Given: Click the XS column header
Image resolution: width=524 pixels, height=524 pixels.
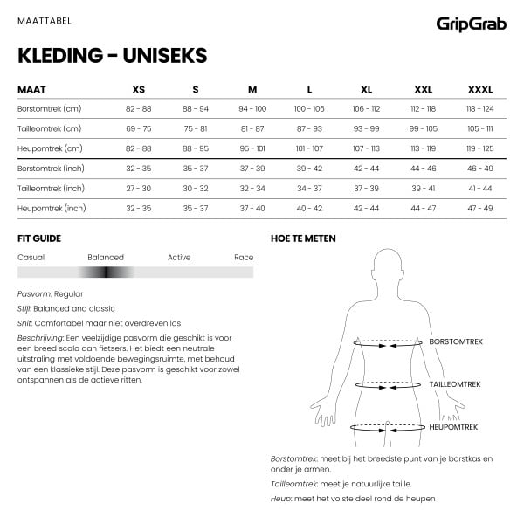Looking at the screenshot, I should [139, 89].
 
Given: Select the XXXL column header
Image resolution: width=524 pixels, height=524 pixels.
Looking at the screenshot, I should [479, 89].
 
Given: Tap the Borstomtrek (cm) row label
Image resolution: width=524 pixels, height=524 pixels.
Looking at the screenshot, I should [49, 108].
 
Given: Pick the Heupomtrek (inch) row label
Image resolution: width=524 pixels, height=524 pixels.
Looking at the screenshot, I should [52, 208].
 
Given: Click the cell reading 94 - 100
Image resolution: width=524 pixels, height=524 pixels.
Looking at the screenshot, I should [252, 108].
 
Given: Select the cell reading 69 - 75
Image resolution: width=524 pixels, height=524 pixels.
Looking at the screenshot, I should [139, 128].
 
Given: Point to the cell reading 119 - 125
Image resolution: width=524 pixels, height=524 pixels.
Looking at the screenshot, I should [479, 148].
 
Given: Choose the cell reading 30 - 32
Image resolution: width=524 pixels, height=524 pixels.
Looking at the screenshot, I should [196, 188].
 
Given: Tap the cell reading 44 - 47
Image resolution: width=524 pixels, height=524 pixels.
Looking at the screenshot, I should [423, 208].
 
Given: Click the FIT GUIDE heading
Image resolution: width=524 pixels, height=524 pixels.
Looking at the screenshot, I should [39, 238].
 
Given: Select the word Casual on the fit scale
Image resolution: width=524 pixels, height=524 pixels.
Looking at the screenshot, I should [31, 258].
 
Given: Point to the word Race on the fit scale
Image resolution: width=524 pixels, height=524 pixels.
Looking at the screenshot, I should [244, 258].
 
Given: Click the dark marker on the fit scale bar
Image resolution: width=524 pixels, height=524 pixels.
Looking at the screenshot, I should [107, 272].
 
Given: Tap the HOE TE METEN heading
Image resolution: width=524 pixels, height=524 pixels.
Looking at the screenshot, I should [303, 238].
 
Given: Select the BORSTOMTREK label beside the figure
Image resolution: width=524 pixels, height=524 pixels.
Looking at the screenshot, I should [456, 342].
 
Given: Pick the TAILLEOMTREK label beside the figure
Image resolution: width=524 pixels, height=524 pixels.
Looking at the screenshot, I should [455, 384].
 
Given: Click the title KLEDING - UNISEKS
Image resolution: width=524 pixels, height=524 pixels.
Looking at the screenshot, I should [112, 56].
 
